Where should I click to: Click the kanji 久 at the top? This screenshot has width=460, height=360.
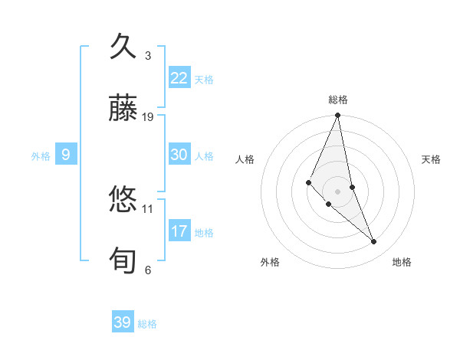(x=124, y=47)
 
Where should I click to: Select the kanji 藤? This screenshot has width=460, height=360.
(x=124, y=110)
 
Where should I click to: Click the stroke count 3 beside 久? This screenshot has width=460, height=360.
(x=148, y=55)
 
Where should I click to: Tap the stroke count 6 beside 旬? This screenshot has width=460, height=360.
(x=148, y=270)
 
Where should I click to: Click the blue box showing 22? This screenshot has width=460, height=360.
(x=179, y=78)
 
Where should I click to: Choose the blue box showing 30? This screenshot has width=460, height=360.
(x=179, y=155)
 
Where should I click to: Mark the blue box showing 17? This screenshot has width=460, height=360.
(x=179, y=231)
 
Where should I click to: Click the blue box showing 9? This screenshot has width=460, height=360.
(x=66, y=155)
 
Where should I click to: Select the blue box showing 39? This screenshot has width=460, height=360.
(x=123, y=322)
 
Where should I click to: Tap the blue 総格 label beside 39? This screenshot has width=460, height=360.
(x=147, y=324)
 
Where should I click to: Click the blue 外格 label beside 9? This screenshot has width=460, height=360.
(x=41, y=156)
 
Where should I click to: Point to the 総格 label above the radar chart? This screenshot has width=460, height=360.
(x=338, y=100)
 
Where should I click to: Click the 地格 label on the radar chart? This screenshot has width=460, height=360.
(x=402, y=263)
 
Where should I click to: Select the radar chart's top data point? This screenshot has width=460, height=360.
(x=338, y=116)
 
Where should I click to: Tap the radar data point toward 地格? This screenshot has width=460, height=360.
(x=374, y=241)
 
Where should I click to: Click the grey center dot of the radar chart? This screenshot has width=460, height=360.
(x=338, y=191)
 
